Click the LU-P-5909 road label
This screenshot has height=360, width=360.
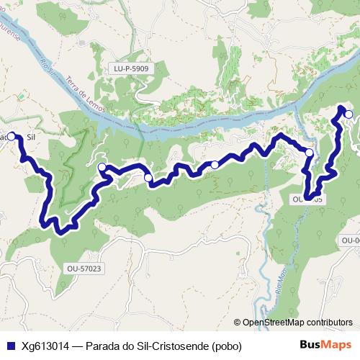(130, 69)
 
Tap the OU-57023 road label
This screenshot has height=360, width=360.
(85, 269)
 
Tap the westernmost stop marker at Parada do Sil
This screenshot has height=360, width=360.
(12, 135)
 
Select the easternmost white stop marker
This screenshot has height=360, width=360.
(348, 114)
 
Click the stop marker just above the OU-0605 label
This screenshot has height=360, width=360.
(310, 153)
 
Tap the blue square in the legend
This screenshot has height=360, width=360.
(8, 346)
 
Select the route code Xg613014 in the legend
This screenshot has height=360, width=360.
(45, 346)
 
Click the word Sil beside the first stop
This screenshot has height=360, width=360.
(31, 135)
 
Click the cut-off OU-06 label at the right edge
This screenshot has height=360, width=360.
(350, 240)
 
